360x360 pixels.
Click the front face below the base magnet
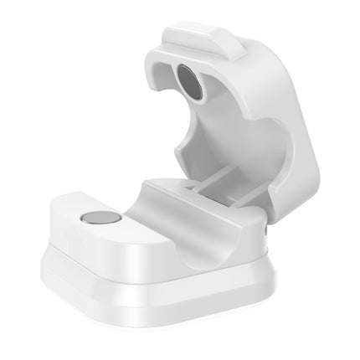pos(92,247)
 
